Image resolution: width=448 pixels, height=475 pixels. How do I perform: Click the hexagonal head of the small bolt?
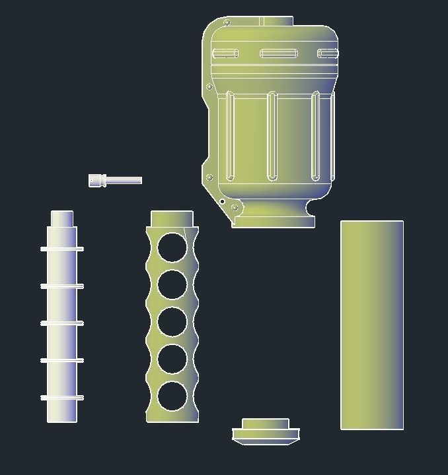point(97,180)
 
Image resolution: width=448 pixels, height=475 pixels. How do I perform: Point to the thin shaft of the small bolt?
point(124,180)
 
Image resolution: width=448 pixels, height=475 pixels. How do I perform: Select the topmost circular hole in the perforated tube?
point(172,247)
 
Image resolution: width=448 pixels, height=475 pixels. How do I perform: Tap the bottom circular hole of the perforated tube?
point(172,396)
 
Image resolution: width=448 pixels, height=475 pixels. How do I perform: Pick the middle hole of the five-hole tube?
point(172,322)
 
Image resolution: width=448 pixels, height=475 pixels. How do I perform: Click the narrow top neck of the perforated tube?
point(172,218)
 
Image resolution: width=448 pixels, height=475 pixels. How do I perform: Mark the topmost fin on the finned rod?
point(62,249)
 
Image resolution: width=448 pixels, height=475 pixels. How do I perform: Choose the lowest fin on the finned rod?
point(62,398)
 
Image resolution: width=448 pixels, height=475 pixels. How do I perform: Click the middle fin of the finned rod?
point(62,323)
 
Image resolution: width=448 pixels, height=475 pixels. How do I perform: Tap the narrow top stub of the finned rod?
point(62,218)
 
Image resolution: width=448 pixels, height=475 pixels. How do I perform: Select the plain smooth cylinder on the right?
point(372,325)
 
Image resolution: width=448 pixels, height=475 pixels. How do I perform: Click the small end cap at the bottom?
point(266,432)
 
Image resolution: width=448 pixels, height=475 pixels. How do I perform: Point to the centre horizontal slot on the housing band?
point(279,53)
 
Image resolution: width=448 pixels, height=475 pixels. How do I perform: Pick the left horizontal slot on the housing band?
point(225,53)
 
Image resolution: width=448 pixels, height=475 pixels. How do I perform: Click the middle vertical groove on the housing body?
point(272,137)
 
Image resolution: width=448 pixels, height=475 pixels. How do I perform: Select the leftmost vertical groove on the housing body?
point(230,137)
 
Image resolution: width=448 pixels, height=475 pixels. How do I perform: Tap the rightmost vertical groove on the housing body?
point(316,137)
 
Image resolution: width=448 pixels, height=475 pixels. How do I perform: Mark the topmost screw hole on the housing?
point(227,23)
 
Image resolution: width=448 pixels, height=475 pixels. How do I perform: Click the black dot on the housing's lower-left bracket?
point(222,201)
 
